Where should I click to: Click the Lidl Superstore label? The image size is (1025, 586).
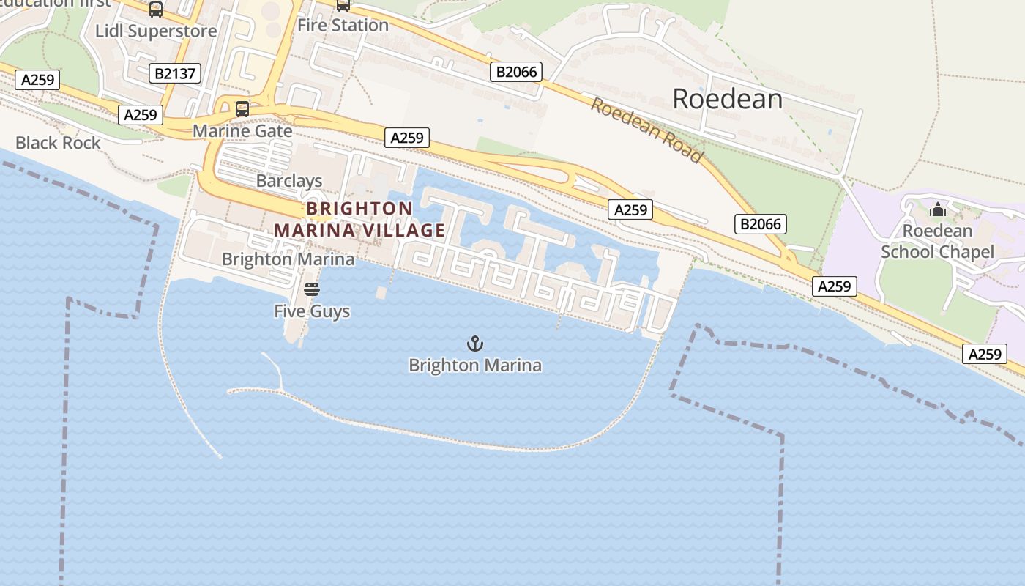tap(156, 31)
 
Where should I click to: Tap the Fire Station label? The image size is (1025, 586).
tap(343, 25)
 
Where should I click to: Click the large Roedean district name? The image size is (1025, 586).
tap(727, 99)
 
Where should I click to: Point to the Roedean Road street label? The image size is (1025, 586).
tap(646, 130)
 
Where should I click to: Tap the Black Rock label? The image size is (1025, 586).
tap(58, 143)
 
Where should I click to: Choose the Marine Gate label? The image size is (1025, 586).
tap(242, 131)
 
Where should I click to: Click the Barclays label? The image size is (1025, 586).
tap(289, 180)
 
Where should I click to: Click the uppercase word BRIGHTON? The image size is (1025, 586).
tap(359, 208)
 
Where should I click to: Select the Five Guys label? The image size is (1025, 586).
tap(312, 311)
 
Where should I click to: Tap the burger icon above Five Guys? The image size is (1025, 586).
tap(312, 289)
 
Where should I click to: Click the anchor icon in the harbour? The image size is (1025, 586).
tap(475, 343)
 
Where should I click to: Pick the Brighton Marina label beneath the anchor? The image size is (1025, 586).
tap(475, 365)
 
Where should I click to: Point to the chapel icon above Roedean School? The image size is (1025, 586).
tap(937, 210)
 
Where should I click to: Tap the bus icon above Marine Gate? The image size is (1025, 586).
tap(242, 109)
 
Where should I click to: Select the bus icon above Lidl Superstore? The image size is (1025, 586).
tap(156, 10)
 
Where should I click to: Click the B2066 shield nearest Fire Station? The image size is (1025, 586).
tap(517, 72)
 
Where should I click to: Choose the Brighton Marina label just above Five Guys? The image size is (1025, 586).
tap(288, 259)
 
